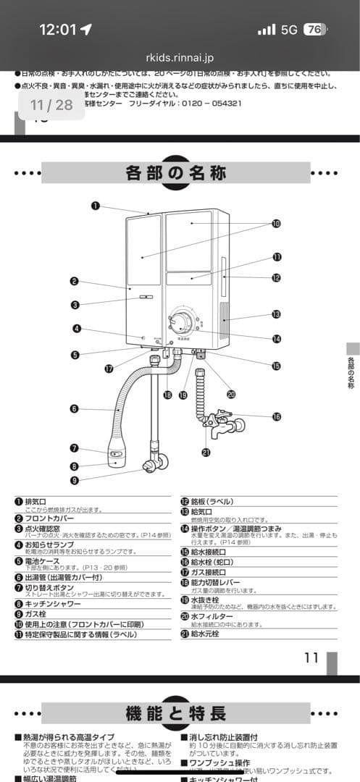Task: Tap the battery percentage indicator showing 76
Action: pos(314,30)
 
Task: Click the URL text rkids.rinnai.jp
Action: pos(180,58)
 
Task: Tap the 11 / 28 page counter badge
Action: pos(51,105)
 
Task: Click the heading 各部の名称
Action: pos(176,174)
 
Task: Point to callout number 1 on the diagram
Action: pos(96,206)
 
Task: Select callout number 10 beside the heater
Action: pos(276,224)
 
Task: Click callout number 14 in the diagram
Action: pos(277,339)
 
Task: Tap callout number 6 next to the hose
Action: pos(74,408)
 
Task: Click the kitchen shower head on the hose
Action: pos(116,454)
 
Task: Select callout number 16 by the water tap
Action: pos(277,416)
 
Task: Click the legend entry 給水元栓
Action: pos(207,634)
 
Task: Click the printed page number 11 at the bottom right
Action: pos(311,657)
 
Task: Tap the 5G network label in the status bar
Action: pos(289,30)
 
